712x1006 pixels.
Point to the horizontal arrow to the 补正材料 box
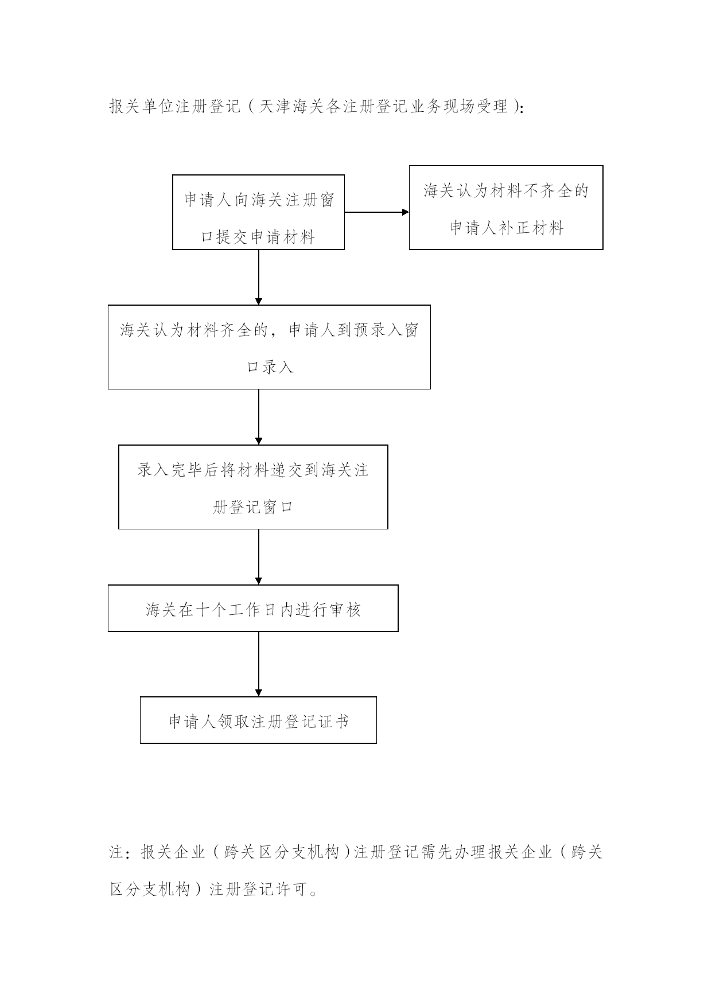[377, 212]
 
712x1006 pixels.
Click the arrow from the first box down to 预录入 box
[259, 278]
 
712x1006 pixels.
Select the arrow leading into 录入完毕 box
[259, 417]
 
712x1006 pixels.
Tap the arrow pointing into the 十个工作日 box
[259, 557]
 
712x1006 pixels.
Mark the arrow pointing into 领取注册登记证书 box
[259, 664]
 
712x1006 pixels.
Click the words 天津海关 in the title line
[291, 107]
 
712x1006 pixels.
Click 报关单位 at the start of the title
[142, 107]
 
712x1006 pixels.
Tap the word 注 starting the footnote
[116, 852]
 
